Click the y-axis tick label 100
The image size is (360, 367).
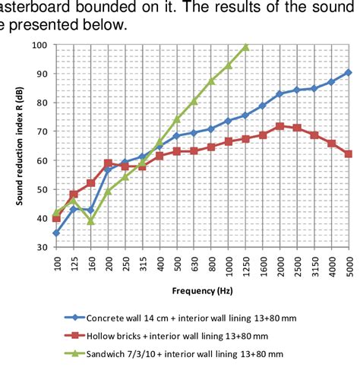pyautogui.click(x=38, y=46)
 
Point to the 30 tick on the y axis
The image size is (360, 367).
pyautogui.click(x=40, y=247)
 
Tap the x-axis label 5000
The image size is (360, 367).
pyautogui.click(x=349, y=266)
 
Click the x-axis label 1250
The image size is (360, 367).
pyautogui.click(x=245, y=266)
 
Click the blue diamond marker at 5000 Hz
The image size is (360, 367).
pyautogui.click(x=348, y=73)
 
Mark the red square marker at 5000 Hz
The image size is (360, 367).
pyautogui.click(x=348, y=154)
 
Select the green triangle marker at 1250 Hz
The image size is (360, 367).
pyautogui.click(x=245, y=47)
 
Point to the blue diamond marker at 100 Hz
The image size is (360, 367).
pyautogui.click(x=56, y=233)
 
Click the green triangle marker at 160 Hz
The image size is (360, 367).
pyautogui.click(x=91, y=220)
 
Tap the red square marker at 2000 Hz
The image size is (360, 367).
pyautogui.click(x=279, y=126)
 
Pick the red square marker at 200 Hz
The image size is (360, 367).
pyautogui.click(x=108, y=163)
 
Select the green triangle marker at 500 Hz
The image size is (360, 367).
pyautogui.click(x=177, y=119)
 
